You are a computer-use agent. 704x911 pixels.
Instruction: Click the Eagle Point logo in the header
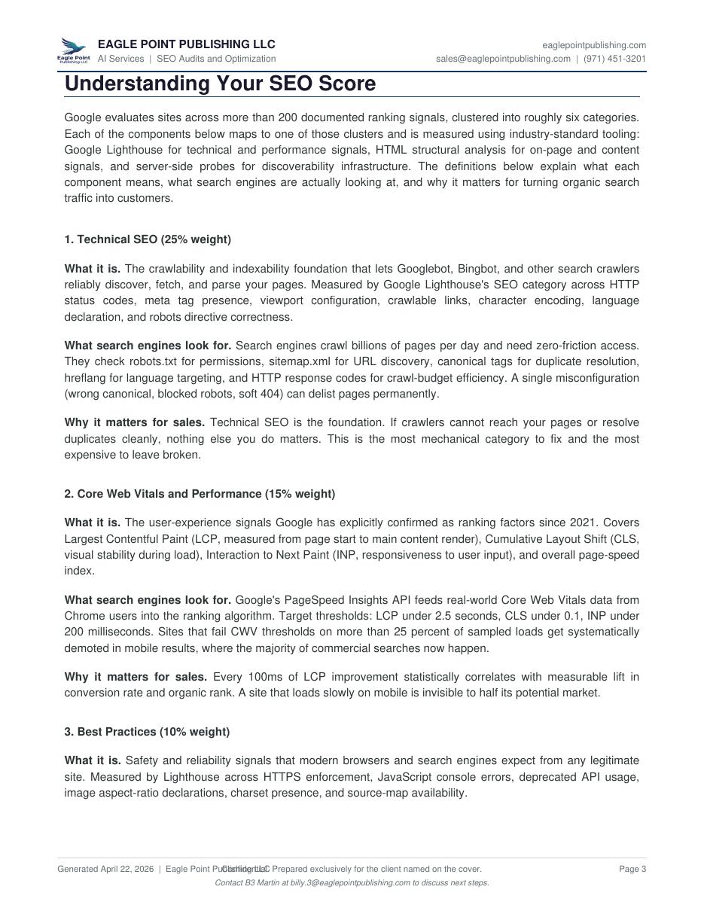tap(73, 50)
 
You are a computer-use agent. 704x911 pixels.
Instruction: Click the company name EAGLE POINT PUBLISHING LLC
tap(186, 44)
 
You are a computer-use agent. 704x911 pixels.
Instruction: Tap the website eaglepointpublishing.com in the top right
tap(594, 45)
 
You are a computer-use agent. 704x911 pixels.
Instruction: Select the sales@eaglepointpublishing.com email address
tap(503, 59)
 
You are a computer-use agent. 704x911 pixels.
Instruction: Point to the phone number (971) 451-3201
tap(614, 59)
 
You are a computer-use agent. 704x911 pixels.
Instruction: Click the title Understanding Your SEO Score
tap(220, 84)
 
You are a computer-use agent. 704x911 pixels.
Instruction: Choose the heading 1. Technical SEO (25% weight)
tap(148, 239)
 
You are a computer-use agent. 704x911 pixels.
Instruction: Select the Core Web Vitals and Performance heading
tap(200, 494)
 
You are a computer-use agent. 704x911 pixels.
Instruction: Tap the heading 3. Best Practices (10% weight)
tap(147, 732)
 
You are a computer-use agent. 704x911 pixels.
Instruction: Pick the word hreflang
tap(86, 378)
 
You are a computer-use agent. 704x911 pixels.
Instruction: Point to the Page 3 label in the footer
tap(632, 869)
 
